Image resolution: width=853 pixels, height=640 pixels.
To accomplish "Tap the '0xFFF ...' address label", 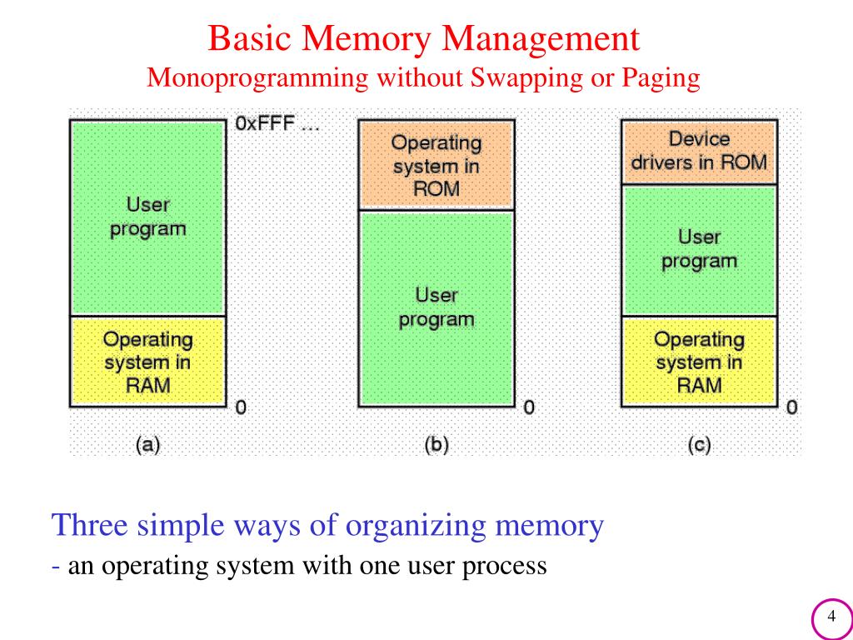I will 277,125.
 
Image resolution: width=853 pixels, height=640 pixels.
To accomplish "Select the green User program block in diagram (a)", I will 147,217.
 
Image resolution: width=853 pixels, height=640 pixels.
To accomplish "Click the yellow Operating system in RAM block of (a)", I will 147,362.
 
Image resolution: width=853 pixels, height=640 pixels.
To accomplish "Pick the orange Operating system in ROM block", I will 436,165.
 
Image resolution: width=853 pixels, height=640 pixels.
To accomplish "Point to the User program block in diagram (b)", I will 436,307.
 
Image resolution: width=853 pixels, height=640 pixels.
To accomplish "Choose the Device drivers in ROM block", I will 698,151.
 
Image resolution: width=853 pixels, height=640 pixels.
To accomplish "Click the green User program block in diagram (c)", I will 698,249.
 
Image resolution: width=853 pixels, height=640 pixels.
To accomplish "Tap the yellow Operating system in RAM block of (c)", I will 698,362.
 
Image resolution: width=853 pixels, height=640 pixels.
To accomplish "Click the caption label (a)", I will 147,445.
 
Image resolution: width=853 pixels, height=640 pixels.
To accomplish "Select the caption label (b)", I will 436,445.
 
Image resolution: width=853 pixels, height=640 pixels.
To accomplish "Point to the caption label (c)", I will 698,445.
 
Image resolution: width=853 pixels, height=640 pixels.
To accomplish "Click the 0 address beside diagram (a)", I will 241,407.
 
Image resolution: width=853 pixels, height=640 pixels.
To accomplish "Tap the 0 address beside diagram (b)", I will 528,407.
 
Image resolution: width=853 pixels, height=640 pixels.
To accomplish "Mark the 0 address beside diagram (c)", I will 791,407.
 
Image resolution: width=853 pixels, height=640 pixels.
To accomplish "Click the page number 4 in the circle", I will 831,617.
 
